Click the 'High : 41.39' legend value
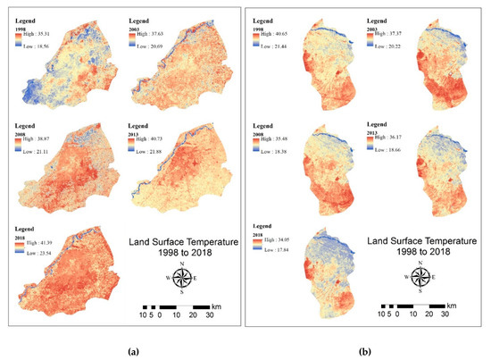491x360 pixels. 38,244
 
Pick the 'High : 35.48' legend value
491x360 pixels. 284,139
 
